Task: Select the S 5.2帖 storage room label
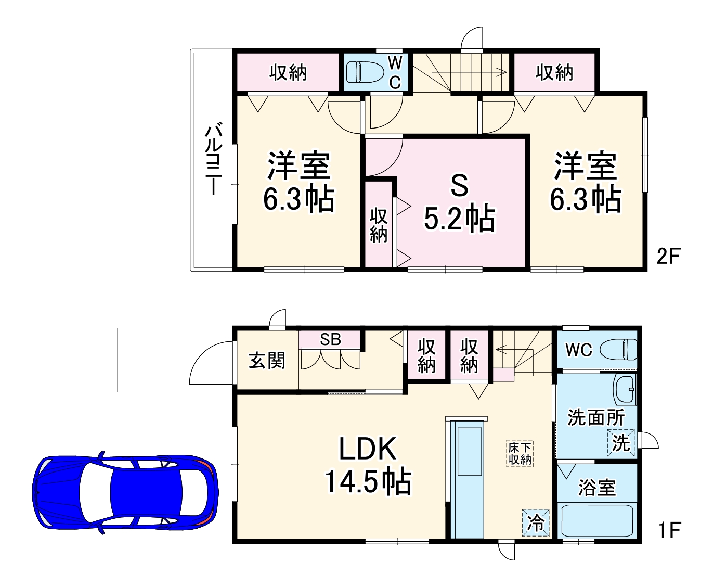coord(459,202)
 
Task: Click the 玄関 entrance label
coord(267,360)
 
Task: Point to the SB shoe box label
coord(330,340)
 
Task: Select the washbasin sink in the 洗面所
coord(625,389)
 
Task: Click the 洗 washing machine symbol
coord(621,443)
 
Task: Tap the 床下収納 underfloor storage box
coord(520,453)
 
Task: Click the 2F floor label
coord(668,256)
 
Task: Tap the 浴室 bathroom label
coord(597,488)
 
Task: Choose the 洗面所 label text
coord(595,417)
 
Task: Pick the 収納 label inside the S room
coord(379,225)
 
